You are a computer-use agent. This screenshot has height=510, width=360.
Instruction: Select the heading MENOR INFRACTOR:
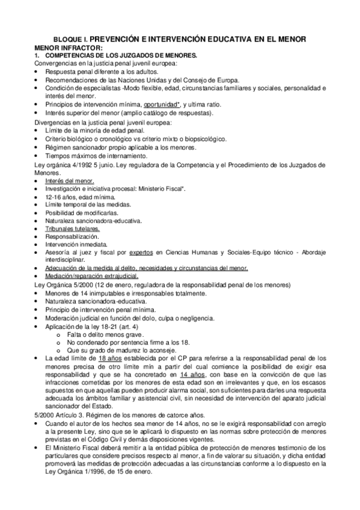click(69, 48)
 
